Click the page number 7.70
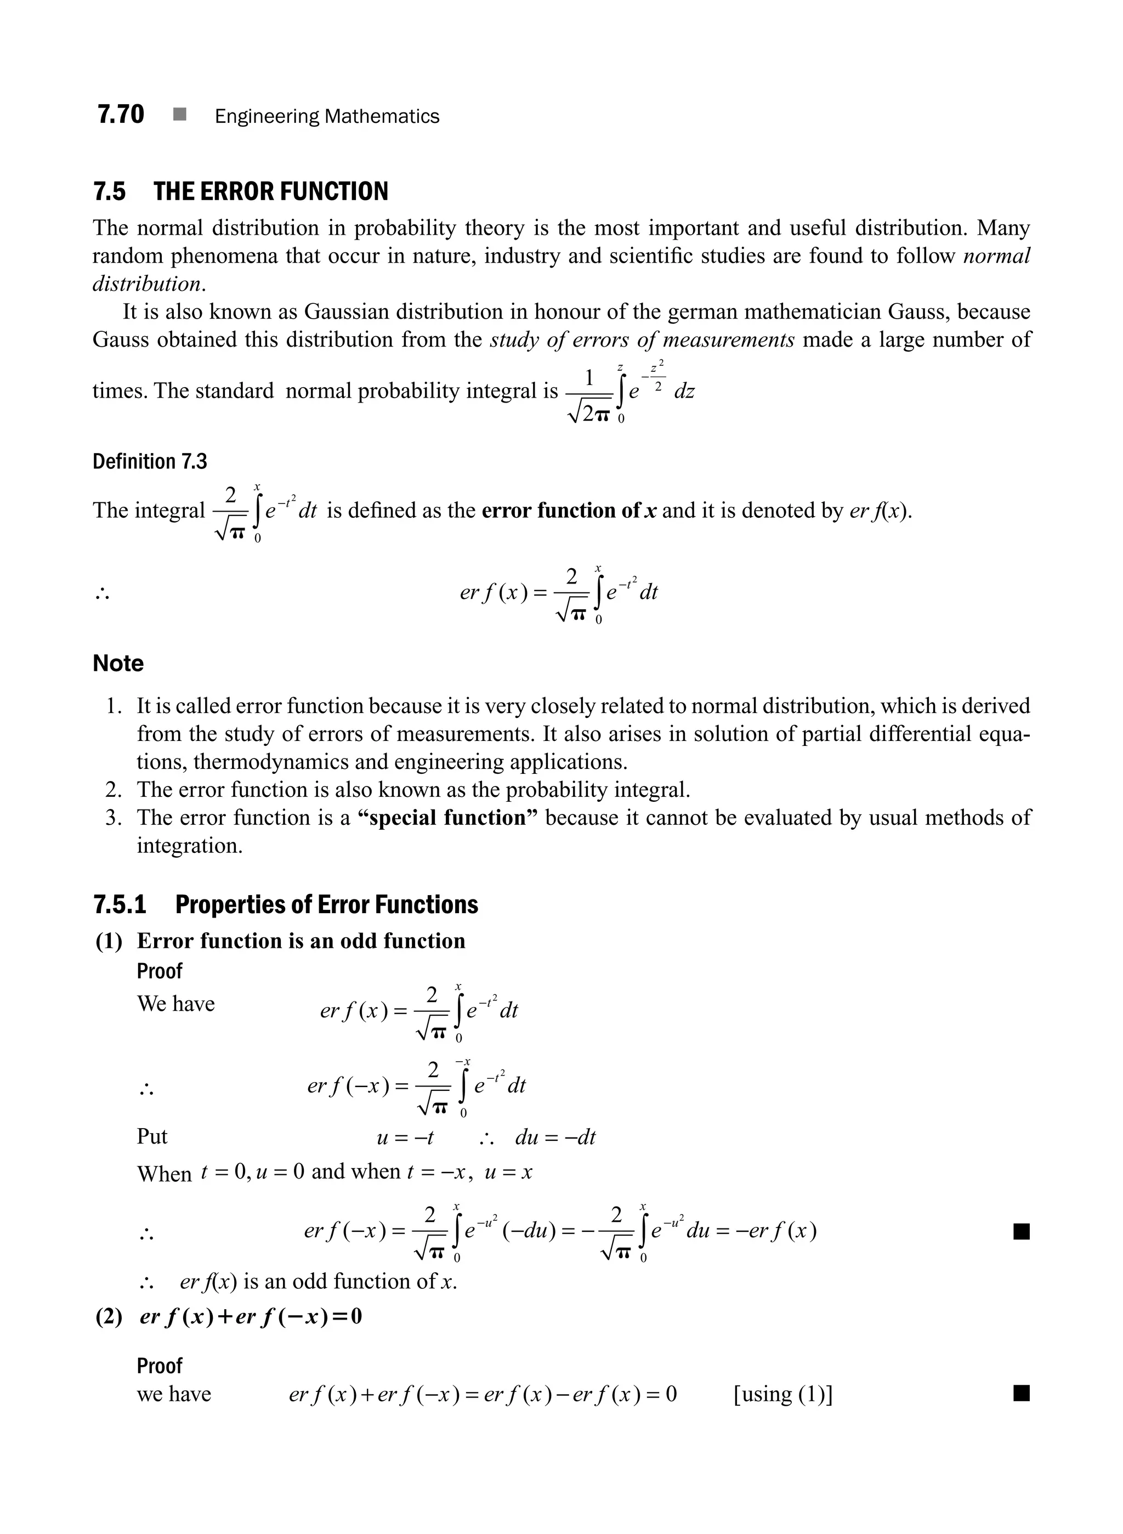[x=120, y=114]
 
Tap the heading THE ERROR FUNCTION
[x=270, y=192]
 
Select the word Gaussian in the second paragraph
[x=347, y=312]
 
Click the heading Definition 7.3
[x=150, y=462]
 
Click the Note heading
[x=118, y=664]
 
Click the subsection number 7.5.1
[x=120, y=905]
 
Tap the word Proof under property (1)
[x=160, y=971]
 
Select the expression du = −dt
[x=555, y=1137]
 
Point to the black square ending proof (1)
[x=1020, y=1231]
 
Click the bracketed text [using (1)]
[x=783, y=1394]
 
